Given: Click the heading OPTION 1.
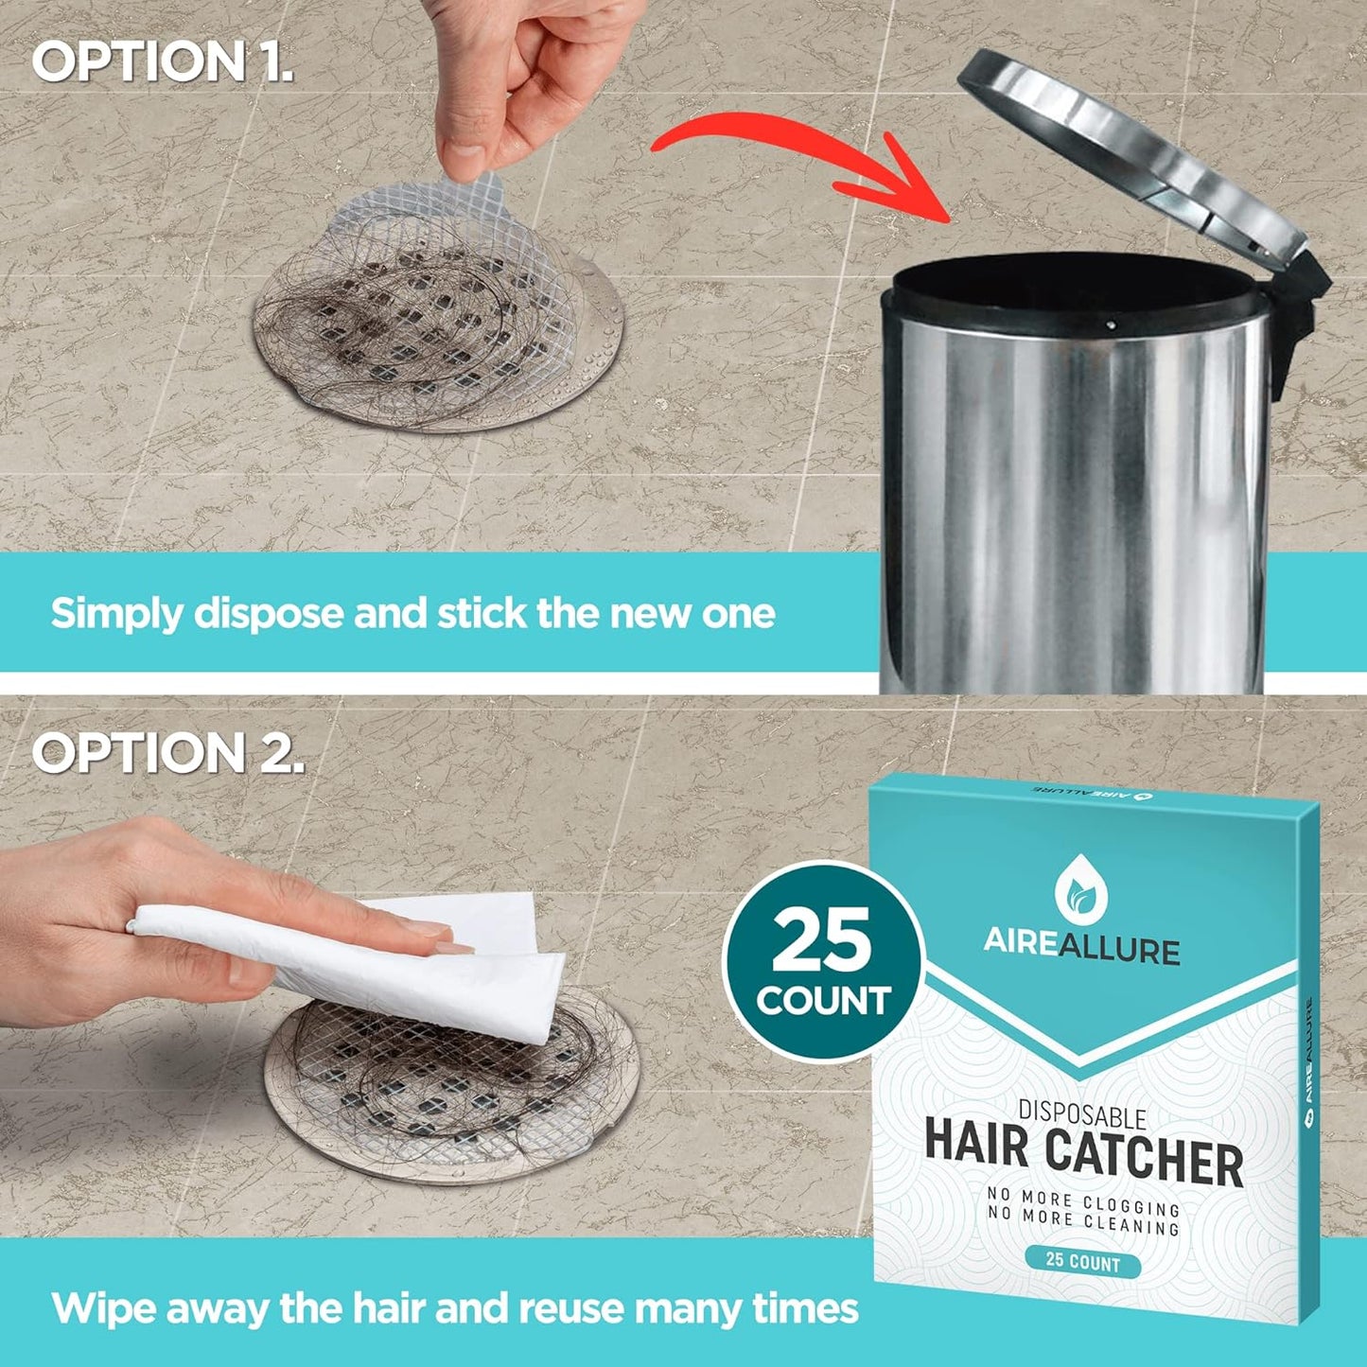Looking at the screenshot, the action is pos(163,61).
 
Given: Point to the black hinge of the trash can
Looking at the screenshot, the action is pos(1297,312).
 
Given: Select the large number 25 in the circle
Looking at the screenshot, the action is pos(822,939).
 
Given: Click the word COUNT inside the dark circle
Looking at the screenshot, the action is pos(823,1000).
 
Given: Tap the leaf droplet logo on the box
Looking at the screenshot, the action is pos(1080,890).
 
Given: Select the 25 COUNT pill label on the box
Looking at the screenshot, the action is pos(1082,1264).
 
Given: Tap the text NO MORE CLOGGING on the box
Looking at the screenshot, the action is pos(1083,1201).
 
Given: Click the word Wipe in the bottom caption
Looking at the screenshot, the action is pos(103,1307).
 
